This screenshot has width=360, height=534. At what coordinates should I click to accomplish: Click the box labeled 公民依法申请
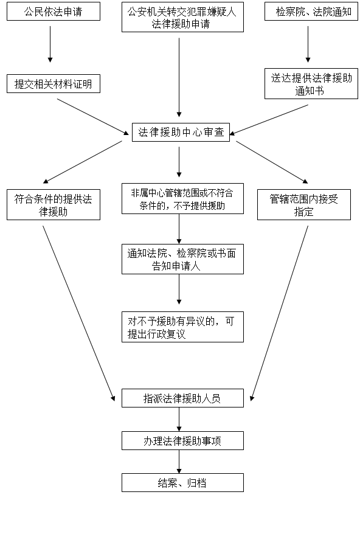(54, 11)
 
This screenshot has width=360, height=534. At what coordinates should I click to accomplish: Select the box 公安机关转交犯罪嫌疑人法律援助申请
(182, 17)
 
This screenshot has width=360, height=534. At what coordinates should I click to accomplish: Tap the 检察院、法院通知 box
(311, 11)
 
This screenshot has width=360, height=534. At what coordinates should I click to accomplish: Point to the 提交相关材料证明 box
(54, 84)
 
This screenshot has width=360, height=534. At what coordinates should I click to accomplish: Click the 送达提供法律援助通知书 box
(311, 84)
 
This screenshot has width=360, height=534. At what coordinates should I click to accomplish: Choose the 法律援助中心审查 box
(181, 132)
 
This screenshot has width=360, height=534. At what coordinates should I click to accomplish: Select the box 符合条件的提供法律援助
(54, 205)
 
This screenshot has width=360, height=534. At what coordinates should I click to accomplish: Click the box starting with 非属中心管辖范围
(182, 198)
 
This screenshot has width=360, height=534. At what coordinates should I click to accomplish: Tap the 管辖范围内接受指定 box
(304, 205)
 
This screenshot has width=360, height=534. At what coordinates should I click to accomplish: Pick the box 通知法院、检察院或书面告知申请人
(182, 259)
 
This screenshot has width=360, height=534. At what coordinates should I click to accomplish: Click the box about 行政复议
(182, 327)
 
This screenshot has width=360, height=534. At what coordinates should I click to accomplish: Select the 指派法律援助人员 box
(182, 398)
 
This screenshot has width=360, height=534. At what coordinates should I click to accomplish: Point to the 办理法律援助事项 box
(182, 441)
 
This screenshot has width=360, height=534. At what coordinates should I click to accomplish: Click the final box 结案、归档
(182, 482)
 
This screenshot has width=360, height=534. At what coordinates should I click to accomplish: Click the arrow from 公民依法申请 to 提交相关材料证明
(50, 44)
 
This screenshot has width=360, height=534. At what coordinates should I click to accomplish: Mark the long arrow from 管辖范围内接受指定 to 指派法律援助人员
(279, 313)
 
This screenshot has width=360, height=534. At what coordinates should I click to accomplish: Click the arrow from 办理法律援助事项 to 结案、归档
(179, 462)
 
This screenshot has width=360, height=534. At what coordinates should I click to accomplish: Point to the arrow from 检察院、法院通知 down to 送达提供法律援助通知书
(308, 44)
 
